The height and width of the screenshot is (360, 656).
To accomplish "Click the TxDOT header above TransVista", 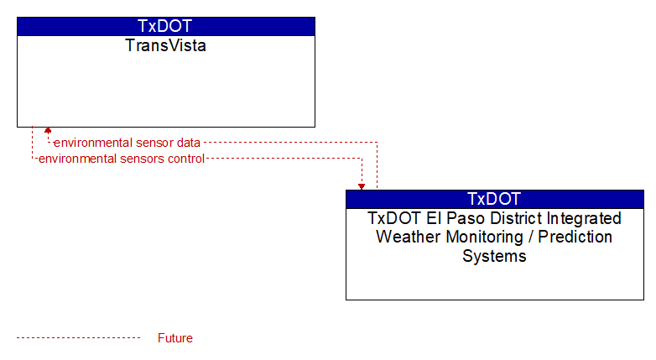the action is click(x=165, y=26).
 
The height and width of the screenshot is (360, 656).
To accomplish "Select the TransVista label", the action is click(x=165, y=45).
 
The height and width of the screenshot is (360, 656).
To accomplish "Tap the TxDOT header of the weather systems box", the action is click(x=494, y=199).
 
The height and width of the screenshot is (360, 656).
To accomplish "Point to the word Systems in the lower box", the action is click(x=494, y=256).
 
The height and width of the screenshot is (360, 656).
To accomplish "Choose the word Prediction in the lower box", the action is click(x=575, y=237).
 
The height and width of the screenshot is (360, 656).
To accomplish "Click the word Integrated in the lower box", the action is click(x=584, y=218).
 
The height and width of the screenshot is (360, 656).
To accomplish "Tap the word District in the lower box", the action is click(x=512, y=218).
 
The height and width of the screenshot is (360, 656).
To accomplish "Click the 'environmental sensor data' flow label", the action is click(x=127, y=143).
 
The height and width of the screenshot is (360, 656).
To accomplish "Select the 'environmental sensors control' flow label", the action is click(x=122, y=159).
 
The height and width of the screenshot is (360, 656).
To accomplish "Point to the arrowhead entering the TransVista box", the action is click(x=48, y=130).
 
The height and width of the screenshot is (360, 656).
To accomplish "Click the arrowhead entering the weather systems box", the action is click(x=362, y=186).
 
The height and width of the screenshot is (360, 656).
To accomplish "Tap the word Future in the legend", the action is click(x=175, y=338).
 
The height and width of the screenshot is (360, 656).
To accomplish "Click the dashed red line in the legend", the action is click(x=78, y=338).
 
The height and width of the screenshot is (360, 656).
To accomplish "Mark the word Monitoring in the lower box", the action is click(x=485, y=237).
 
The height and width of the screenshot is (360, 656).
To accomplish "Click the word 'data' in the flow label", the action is click(x=188, y=143).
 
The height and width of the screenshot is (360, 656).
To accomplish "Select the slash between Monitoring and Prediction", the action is click(x=530, y=237).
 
